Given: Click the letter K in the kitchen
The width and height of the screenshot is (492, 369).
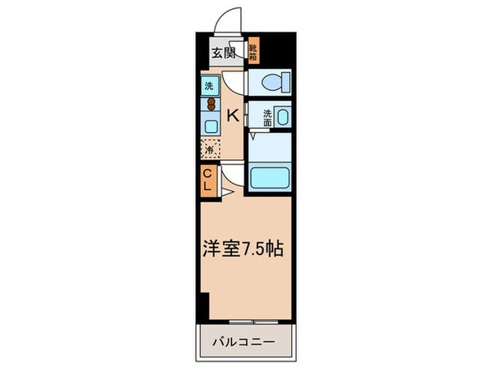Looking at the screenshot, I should click(233, 115).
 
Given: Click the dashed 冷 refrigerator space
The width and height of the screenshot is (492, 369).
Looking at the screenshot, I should click(210, 149).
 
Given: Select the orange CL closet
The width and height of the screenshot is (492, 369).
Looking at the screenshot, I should click(209, 180).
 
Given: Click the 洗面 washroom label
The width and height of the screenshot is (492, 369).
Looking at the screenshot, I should click(267, 116).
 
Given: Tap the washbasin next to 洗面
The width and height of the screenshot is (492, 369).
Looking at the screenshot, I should click(284, 116).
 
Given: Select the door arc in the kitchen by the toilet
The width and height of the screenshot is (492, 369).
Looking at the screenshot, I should click(236, 82).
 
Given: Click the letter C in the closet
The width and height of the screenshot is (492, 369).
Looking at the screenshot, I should click(208, 173).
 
